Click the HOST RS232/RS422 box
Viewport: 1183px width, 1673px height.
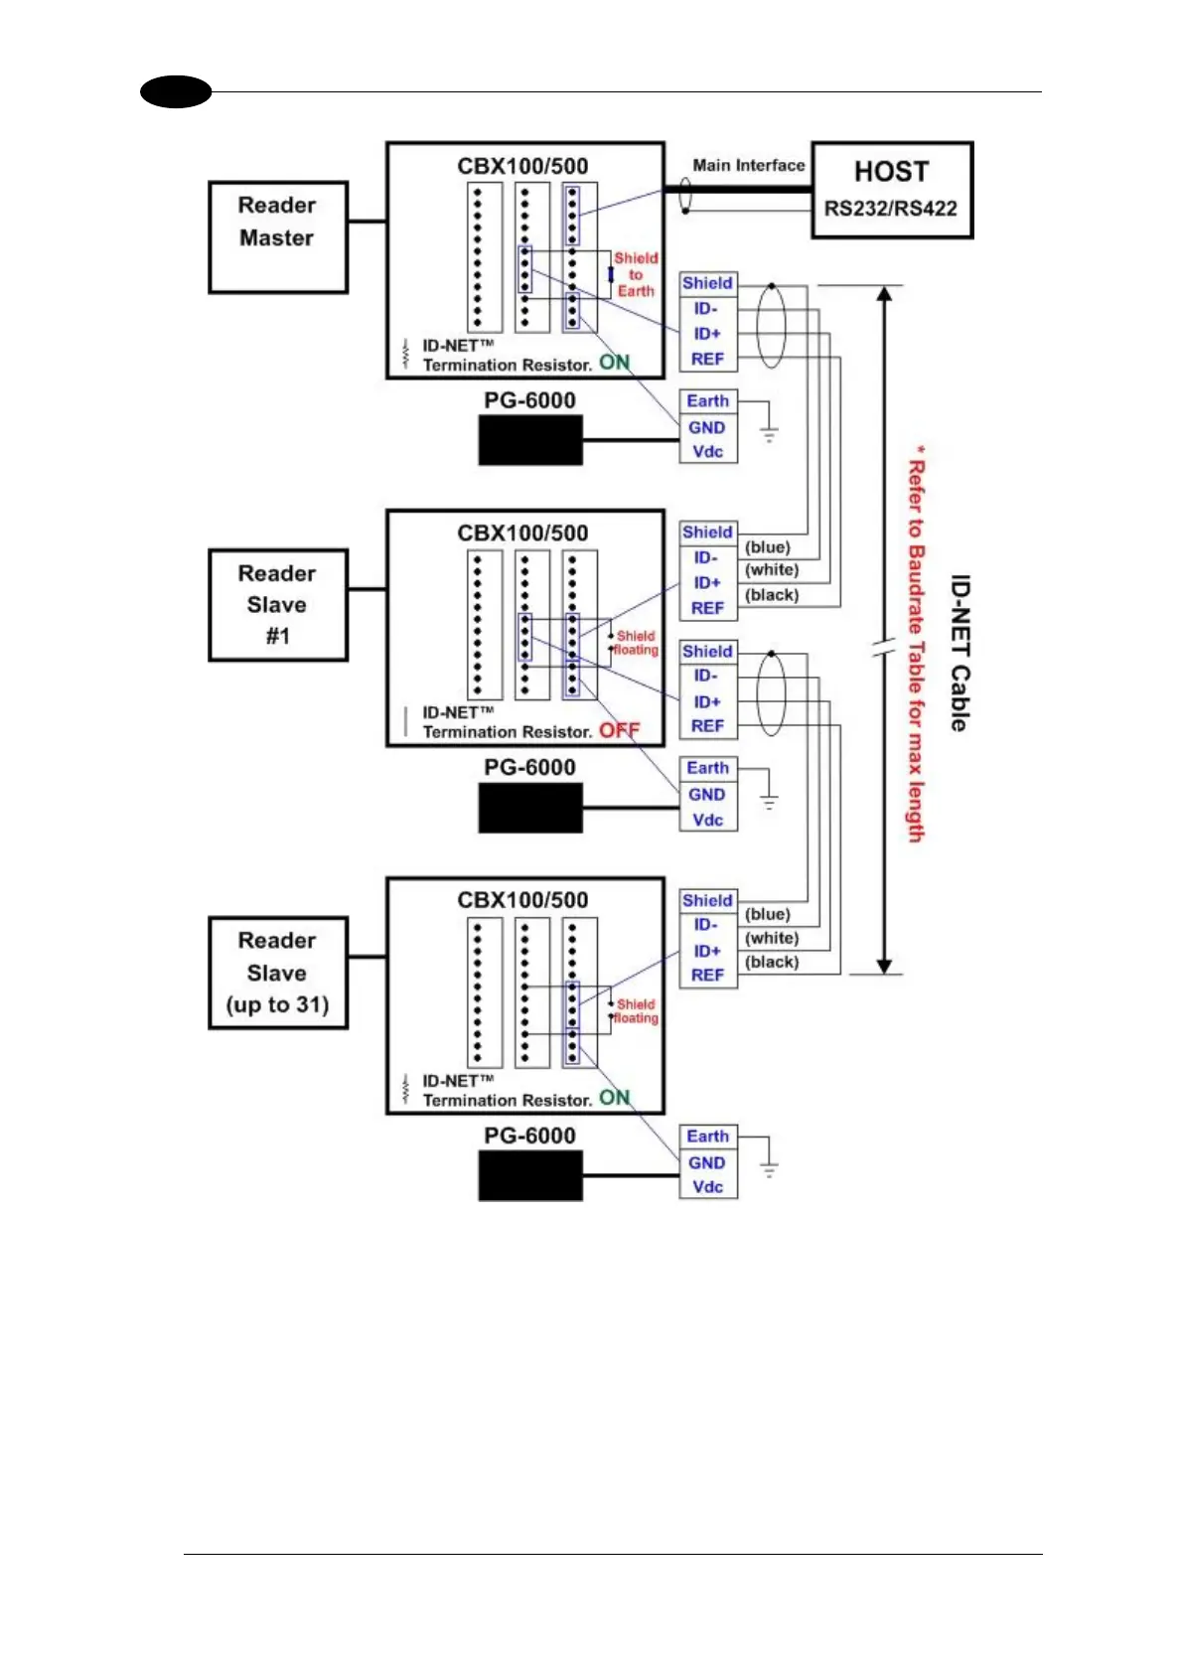[891, 190]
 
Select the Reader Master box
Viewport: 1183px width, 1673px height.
[277, 236]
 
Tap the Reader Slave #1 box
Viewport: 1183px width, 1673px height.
[277, 604]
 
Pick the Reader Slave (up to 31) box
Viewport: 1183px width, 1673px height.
[277, 972]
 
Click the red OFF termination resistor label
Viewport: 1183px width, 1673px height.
[619, 730]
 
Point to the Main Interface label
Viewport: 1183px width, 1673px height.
[748, 165]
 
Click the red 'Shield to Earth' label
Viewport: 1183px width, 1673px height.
[636, 274]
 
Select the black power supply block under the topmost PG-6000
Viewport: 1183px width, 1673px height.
[529, 440]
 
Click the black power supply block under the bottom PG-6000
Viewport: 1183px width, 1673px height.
[529, 1175]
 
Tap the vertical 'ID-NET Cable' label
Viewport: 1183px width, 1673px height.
[959, 653]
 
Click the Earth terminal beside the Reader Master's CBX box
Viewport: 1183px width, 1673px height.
[707, 400]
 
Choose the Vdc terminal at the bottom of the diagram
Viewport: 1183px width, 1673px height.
[707, 1187]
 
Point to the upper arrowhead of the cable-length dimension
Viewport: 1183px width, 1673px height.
[884, 293]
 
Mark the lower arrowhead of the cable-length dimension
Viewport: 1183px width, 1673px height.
[884, 966]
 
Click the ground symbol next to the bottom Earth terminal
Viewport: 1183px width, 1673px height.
[769, 1170]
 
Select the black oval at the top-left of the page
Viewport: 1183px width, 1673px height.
[176, 92]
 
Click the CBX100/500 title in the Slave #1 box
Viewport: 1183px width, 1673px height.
[522, 532]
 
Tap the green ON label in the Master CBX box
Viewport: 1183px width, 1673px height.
[614, 363]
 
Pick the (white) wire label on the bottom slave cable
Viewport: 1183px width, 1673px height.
[772, 938]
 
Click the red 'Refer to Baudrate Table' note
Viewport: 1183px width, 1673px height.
[916, 646]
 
